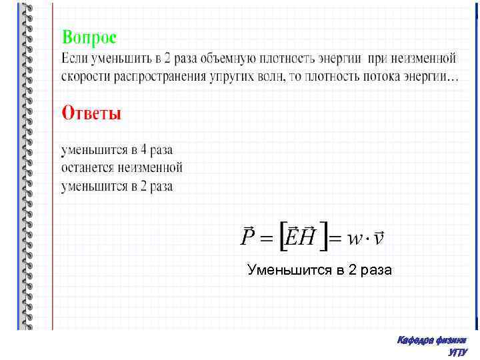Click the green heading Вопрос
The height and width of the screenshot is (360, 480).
(89, 36)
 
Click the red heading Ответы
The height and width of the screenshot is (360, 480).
(91, 113)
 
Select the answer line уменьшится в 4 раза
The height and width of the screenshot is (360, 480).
(117, 148)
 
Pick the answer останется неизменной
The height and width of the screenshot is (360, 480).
(121, 167)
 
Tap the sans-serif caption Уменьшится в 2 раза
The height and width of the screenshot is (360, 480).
(319, 270)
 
